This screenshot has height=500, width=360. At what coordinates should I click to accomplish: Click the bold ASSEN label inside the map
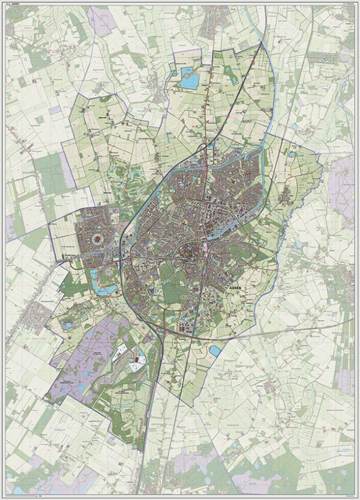236,288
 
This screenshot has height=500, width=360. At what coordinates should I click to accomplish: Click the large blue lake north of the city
190,79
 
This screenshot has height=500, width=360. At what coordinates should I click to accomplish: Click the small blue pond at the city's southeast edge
215,351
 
